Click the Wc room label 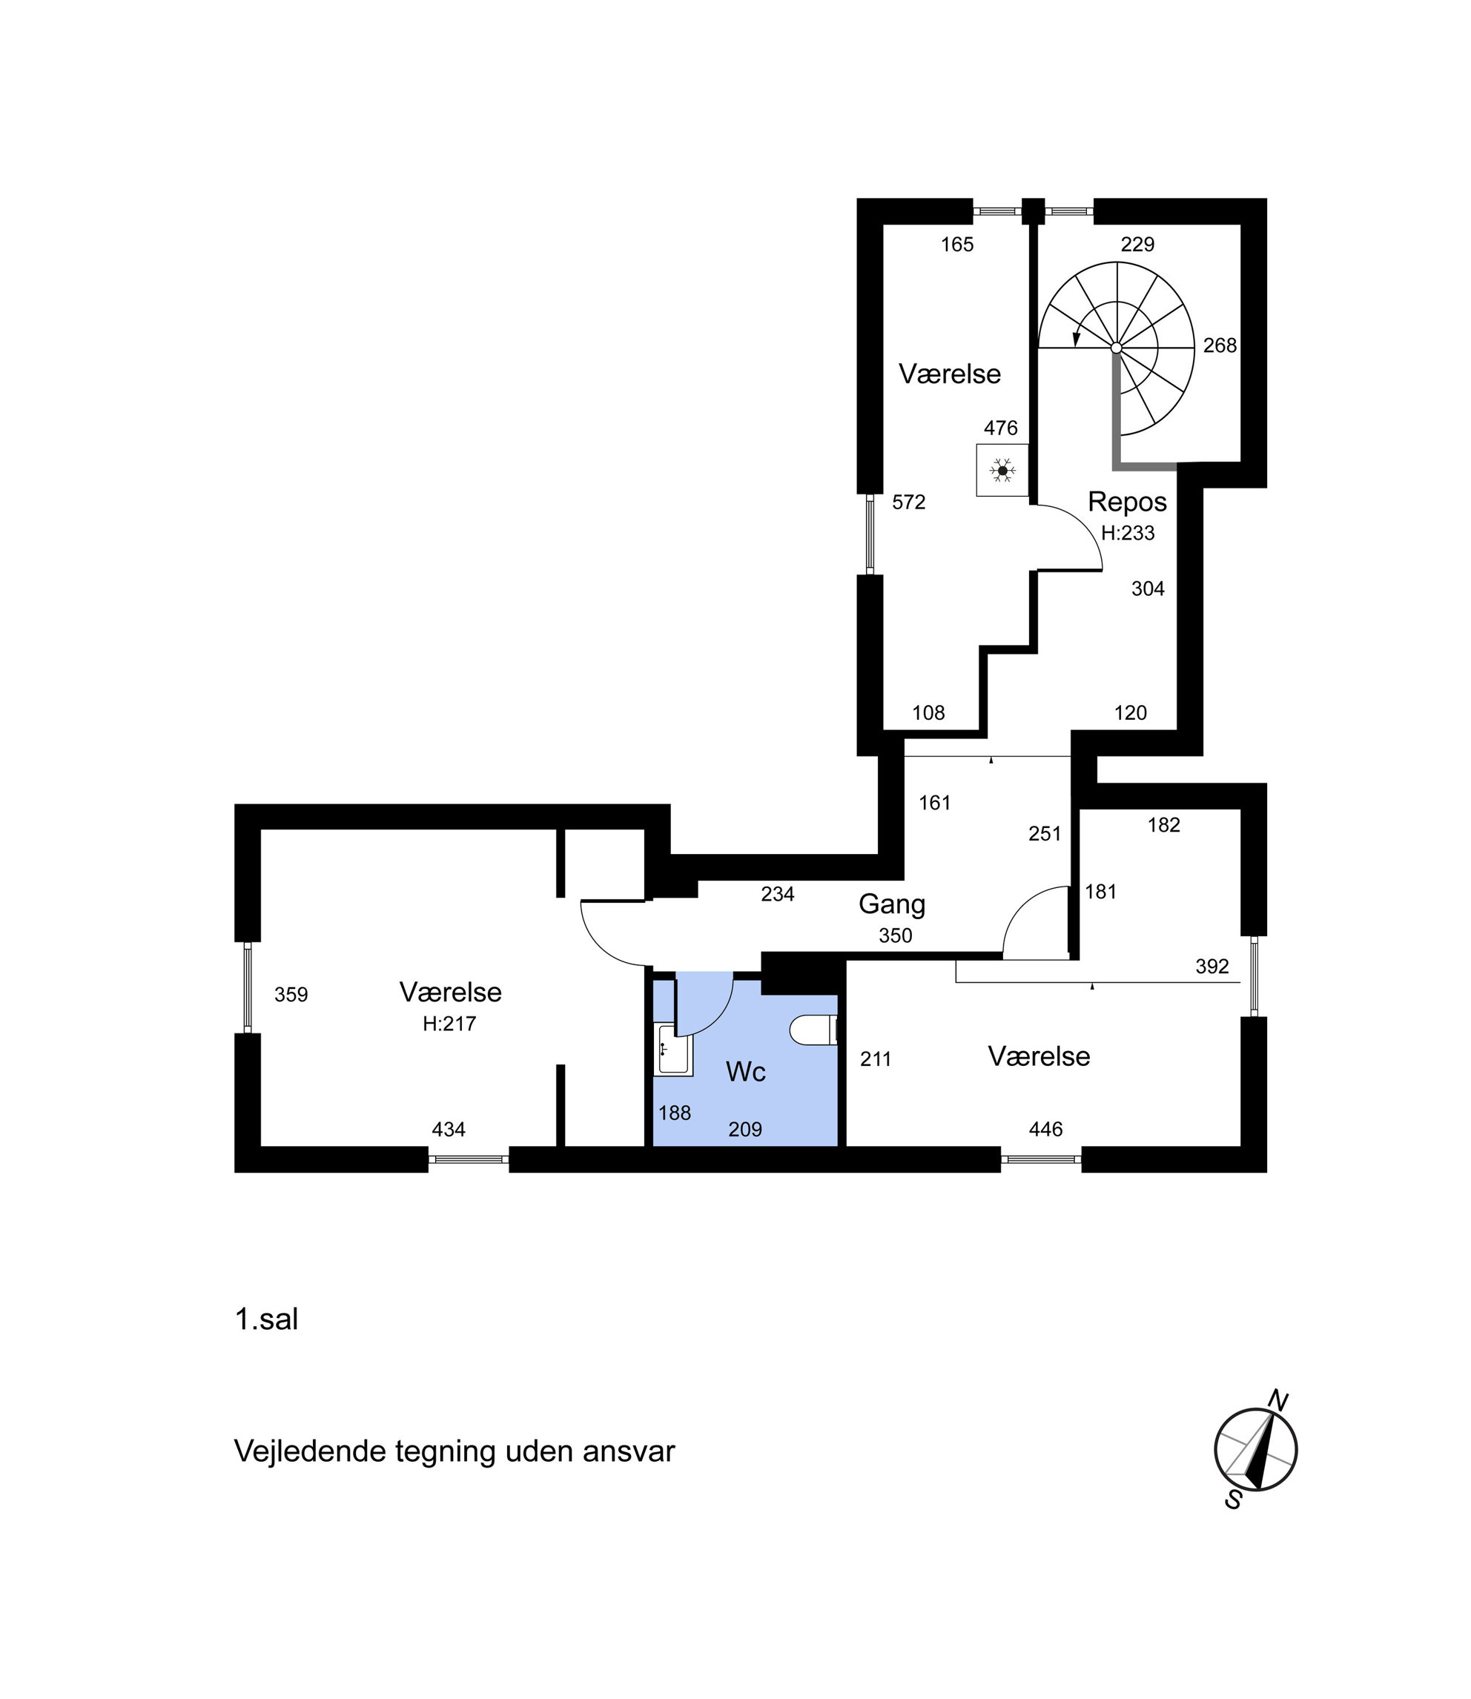point(745,1072)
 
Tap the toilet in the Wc point(813,1030)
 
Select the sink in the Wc point(673,1049)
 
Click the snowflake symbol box point(1002,470)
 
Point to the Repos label point(1127,502)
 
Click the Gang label point(891,904)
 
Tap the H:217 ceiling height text point(449,1024)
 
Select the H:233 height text point(1128,534)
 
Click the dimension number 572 point(909,503)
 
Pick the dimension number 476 point(1001,428)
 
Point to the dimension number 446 point(1045,1130)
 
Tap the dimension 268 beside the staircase point(1220,345)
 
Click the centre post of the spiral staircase point(1117,348)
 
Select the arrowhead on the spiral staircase point(1076,339)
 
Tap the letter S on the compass point(1233,1500)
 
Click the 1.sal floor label point(266,1319)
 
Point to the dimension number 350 point(895,935)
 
